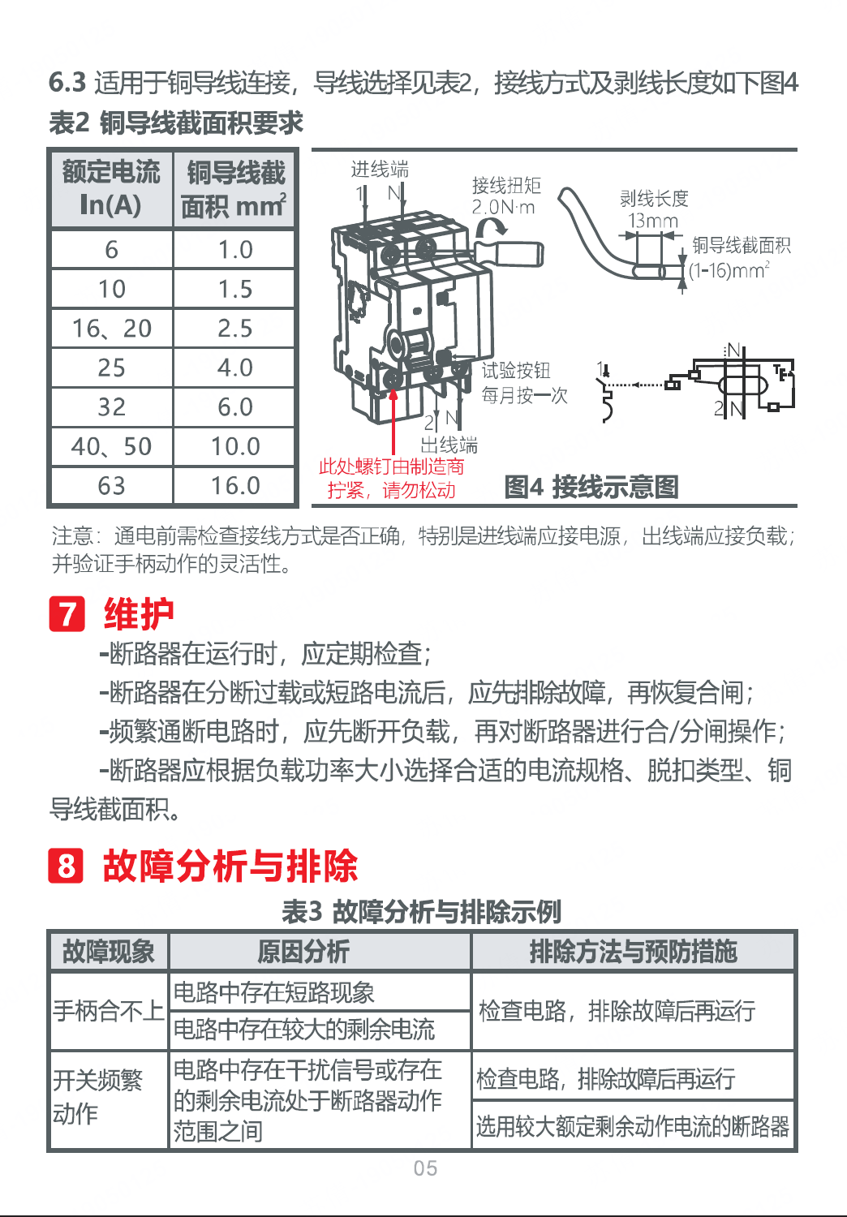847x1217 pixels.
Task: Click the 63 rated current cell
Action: (x=112, y=485)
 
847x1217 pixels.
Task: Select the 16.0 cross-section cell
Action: (x=234, y=485)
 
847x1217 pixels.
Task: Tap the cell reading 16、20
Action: (x=112, y=328)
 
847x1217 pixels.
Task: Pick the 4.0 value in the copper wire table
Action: (x=234, y=368)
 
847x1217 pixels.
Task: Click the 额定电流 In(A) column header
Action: (x=112, y=188)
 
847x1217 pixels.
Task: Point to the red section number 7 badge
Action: (x=67, y=613)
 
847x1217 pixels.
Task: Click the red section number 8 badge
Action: (x=67, y=866)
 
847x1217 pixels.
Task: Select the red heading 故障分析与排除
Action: (x=230, y=866)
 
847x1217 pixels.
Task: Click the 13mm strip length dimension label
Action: (x=653, y=221)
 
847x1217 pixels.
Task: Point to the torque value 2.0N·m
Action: (x=503, y=207)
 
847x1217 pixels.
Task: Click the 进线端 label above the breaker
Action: (x=380, y=170)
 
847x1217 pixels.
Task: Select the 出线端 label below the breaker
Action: (x=449, y=445)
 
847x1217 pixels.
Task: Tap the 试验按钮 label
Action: (x=516, y=371)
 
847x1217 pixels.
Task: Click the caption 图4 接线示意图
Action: (x=591, y=486)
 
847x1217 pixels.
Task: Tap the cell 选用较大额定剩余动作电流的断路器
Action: (x=633, y=1126)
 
